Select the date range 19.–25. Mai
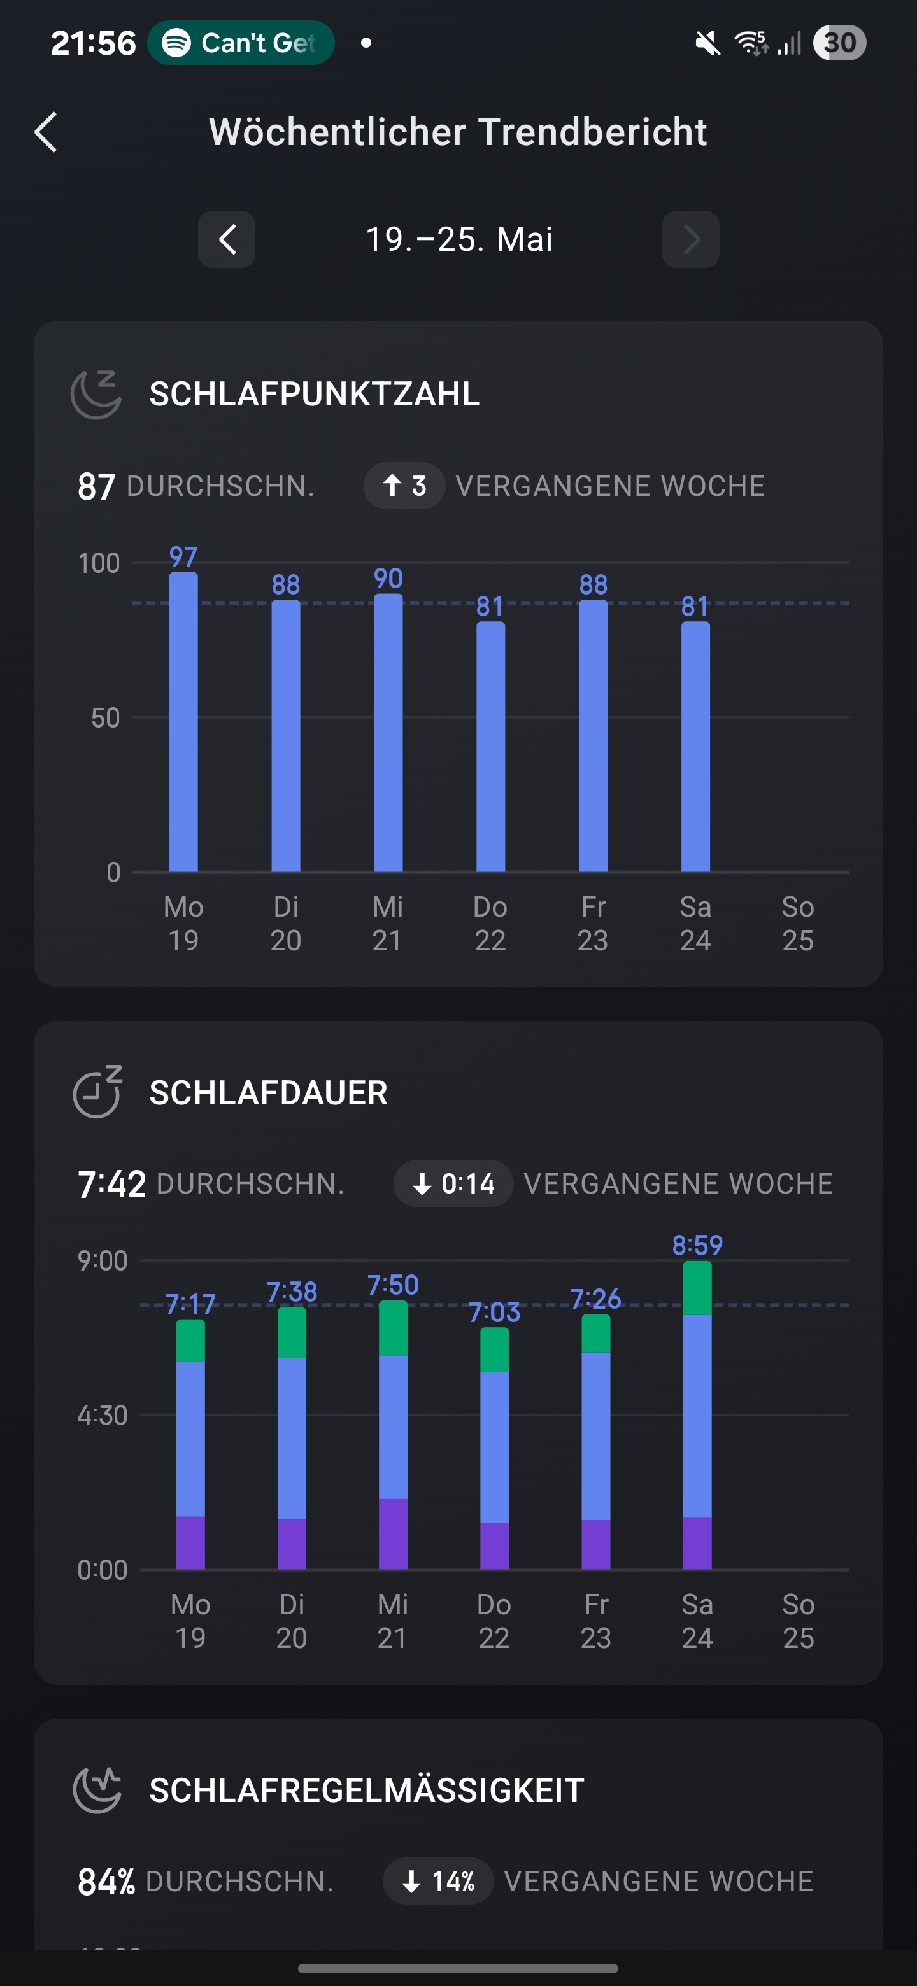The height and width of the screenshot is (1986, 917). [x=459, y=239]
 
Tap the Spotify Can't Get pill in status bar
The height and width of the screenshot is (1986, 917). [x=241, y=43]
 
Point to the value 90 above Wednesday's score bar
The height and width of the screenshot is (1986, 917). [x=388, y=578]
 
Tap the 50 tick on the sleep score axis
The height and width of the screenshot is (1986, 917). [x=105, y=718]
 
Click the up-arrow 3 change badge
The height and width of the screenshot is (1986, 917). [x=404, y=486]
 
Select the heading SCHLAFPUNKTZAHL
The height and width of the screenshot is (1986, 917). [x=314, y=394]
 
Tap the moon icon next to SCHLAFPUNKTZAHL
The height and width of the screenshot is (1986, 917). [x=96, y=394]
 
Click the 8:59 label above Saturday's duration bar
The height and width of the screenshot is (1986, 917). [x=697, y=1244]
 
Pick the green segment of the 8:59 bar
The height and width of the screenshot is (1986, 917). [x=697, y=1288]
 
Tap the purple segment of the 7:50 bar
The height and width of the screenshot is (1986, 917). [x=394, y=1533]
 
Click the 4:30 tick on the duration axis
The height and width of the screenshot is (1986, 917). [x=103, y=1415]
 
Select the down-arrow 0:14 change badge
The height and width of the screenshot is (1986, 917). [x=453, y=1183]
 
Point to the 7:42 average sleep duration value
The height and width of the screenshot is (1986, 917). [x=112, y=1183]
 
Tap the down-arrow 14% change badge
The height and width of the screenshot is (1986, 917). [x=438, y=1881]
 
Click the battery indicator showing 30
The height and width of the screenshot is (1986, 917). [x=839, y=43]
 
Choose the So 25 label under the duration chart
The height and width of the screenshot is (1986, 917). [x=798, y=1621]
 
